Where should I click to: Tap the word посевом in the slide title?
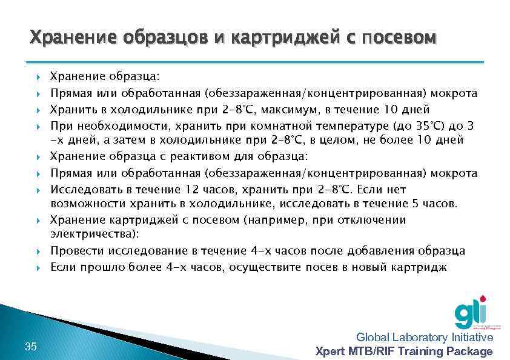tap(399, 38)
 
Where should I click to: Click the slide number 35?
tap(31, 346)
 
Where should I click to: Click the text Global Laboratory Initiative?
tap(425, 338)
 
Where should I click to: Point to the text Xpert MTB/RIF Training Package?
tap(405, 352)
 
